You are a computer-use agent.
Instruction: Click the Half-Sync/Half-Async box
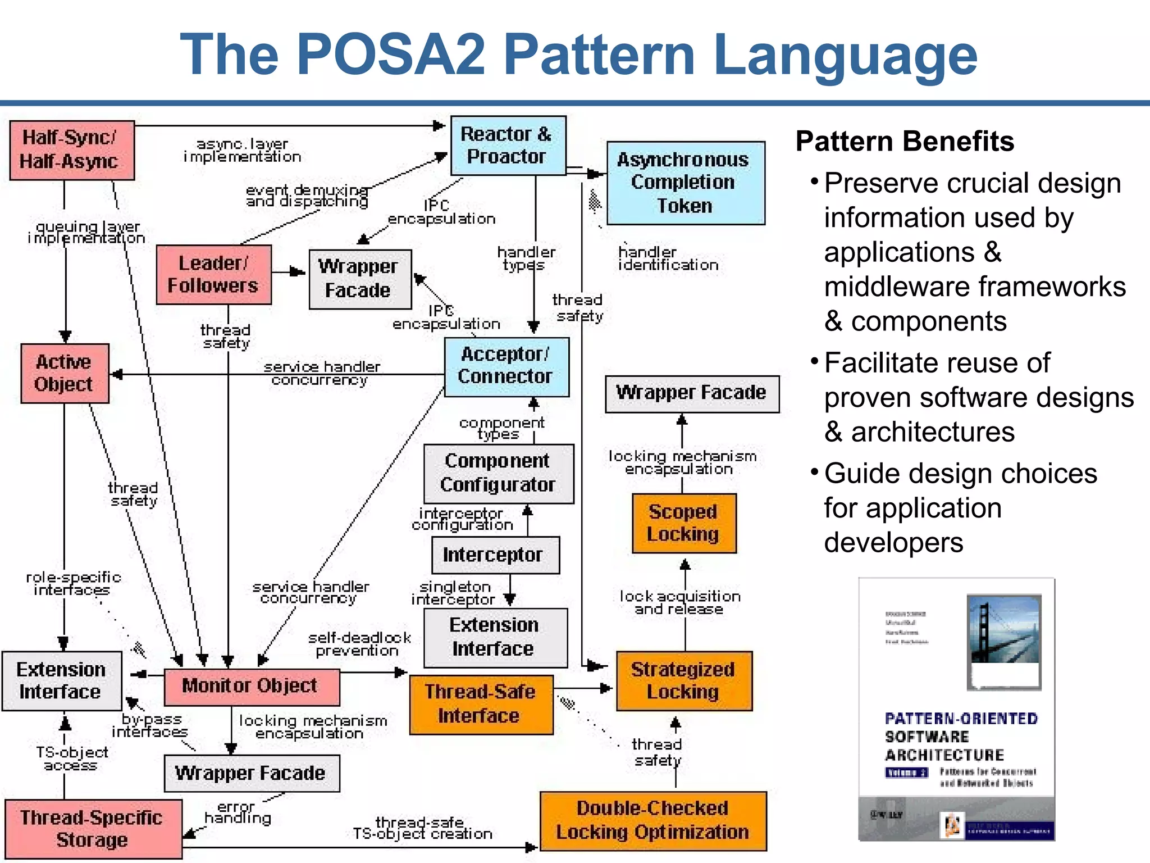72,150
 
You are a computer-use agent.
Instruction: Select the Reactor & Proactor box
508,146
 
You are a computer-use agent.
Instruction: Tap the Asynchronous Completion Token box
685,183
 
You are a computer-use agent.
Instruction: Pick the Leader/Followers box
213,275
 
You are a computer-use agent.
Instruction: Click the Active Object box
65,373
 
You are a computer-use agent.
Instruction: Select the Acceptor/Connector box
506,366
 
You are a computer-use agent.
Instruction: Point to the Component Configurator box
498,473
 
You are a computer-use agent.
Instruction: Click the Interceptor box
495,555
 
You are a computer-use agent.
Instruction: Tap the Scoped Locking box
683,523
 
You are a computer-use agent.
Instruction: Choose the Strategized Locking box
683,681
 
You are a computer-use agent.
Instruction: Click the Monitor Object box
251,686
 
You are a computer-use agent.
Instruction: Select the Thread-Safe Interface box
481,704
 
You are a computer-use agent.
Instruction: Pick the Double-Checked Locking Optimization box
652,820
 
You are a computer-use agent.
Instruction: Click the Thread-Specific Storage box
93,829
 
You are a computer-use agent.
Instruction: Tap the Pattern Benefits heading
904,142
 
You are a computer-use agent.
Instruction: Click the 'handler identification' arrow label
668,259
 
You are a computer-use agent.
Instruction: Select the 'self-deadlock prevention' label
359,644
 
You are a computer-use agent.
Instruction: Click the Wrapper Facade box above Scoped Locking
691,393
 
